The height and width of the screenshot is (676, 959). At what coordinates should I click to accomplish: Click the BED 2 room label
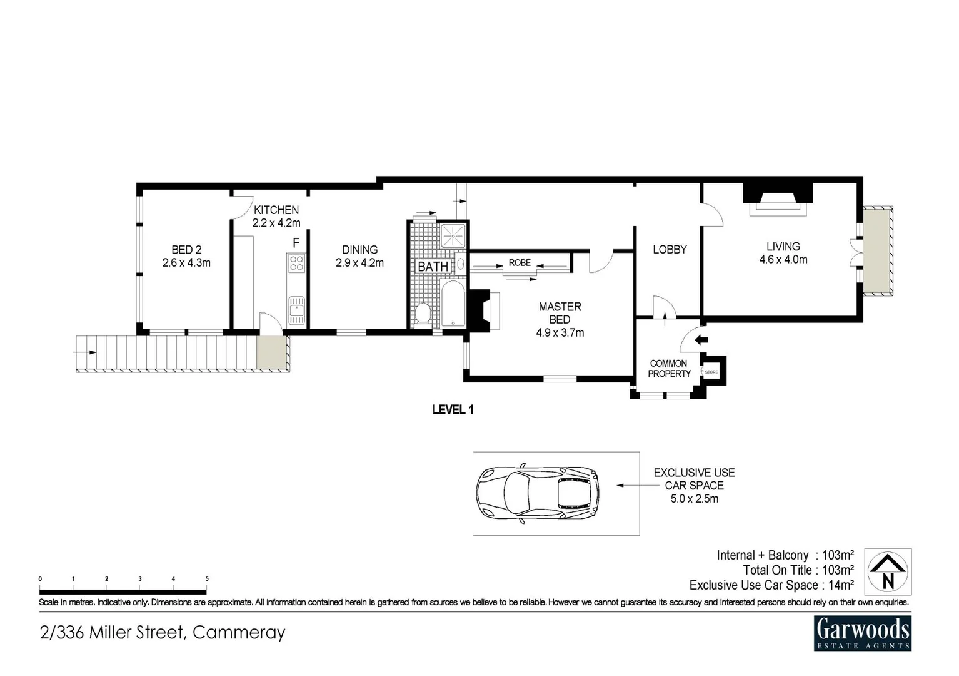(186, 257)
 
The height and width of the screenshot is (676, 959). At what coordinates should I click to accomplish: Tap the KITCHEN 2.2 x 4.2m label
(276, 217)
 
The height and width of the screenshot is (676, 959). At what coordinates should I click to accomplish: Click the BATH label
(433, 267)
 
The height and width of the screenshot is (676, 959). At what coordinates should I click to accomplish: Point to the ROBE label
(520, 263)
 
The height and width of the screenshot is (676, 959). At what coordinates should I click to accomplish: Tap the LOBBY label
(670, 250)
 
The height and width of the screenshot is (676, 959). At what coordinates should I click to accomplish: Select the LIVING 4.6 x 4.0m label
(783, 253)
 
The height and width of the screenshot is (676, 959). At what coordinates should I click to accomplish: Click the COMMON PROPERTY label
(669, 369)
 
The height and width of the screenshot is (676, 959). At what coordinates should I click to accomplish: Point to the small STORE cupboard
(712, 372)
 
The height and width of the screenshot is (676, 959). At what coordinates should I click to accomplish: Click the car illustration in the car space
(536, 494)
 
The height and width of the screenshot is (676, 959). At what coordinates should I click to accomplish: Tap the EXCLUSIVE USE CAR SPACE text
(694, 486)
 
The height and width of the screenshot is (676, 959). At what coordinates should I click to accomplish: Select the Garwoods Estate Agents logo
(863, 633)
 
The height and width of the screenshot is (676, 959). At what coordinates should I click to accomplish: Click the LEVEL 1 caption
(453, 410)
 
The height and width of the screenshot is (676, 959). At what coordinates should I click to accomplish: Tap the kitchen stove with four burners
(296, 263)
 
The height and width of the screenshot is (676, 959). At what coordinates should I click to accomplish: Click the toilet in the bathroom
(423, 312)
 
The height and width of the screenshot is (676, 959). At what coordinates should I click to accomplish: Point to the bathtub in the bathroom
(453, 304)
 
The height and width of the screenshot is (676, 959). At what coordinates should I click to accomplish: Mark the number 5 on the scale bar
(207, 579)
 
